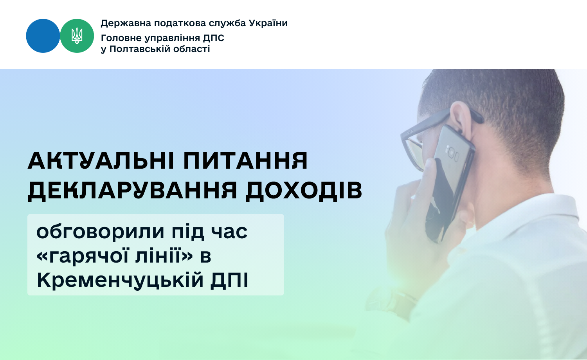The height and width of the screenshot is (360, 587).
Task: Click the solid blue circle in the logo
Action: [43, 36]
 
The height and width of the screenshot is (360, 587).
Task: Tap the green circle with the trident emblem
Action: [77, 36]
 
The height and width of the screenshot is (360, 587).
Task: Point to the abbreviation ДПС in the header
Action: [214, 38]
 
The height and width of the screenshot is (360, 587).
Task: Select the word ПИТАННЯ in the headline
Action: [245, 160]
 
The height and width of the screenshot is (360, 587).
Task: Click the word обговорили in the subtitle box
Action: [100, 232]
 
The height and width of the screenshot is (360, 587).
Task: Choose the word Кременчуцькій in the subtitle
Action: [120, 280]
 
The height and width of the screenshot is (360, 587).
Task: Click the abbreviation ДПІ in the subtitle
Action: [229, 280]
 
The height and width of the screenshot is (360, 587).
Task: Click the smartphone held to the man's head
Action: [450, 184]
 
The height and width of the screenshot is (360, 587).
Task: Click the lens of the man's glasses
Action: [414, 155]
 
